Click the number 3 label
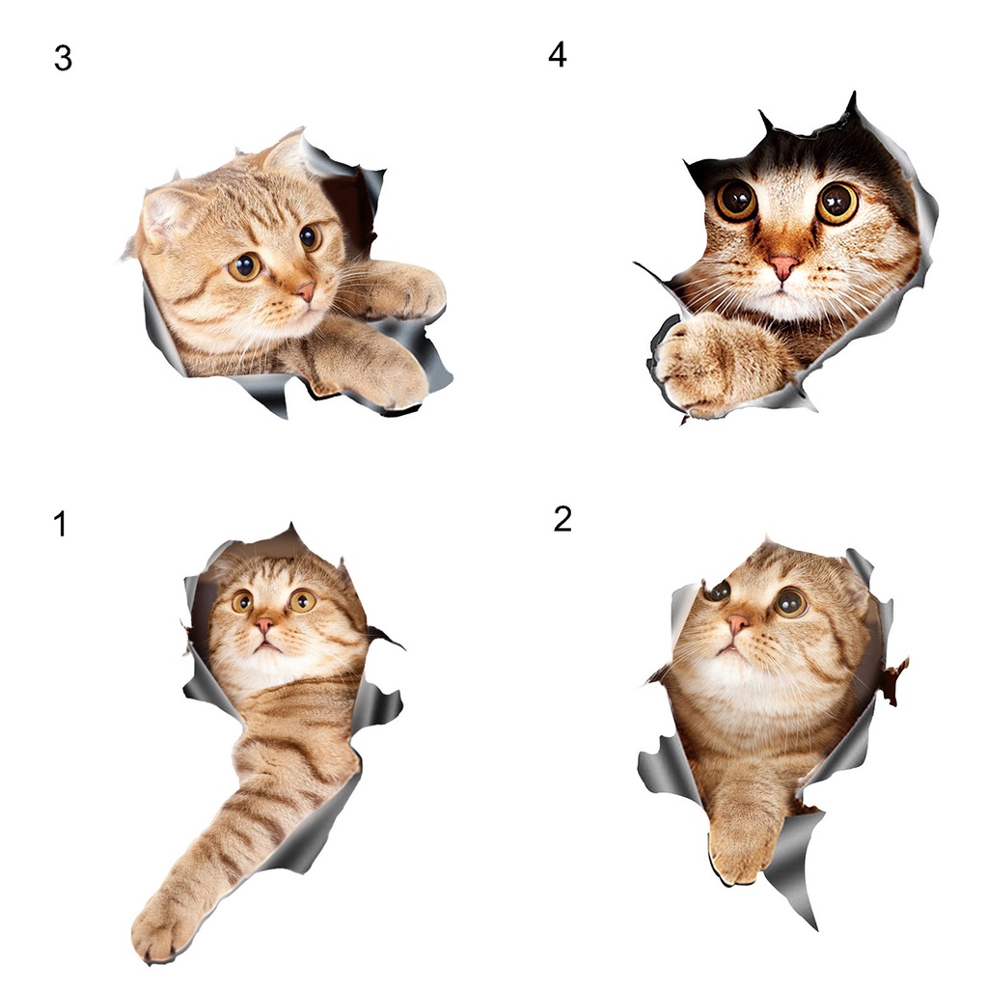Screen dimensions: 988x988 (x=63, y=59)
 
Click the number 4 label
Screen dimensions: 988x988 (x=558, y=55)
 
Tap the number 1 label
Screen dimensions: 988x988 (x=61, y=524)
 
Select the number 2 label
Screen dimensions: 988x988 (x=563, y=519)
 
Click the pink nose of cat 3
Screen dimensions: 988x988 (x=306, y=291)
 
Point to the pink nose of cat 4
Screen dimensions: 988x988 (x=783, y=266)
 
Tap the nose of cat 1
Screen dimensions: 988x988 (x=264, y=625)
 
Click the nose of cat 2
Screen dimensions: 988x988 (x=736, y=624)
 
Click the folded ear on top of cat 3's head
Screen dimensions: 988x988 (x=166, y=211)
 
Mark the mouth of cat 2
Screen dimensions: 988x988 (x=731, y=648)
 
